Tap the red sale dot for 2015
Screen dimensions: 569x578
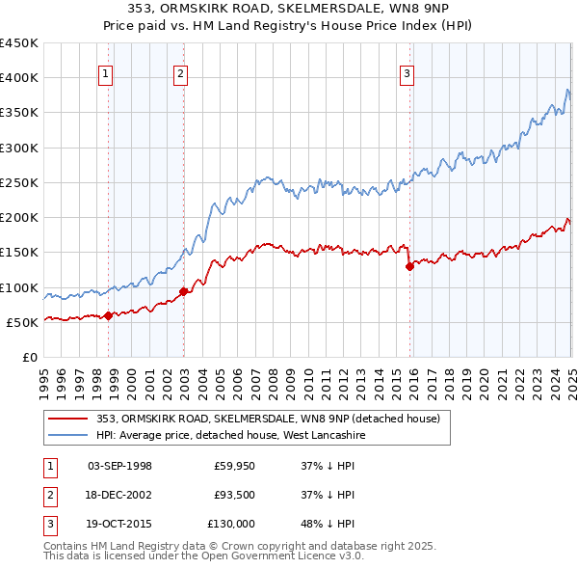click(x=409, y=266)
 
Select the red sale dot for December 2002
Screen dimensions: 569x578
click(x=183, y=291)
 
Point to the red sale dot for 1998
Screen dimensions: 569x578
click(x=108, y=314)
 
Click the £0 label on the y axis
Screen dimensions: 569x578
click(x=30, y=357)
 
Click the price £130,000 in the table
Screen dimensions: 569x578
click(x=231, y=524)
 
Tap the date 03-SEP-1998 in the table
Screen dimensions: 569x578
click(x=119, y=466)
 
